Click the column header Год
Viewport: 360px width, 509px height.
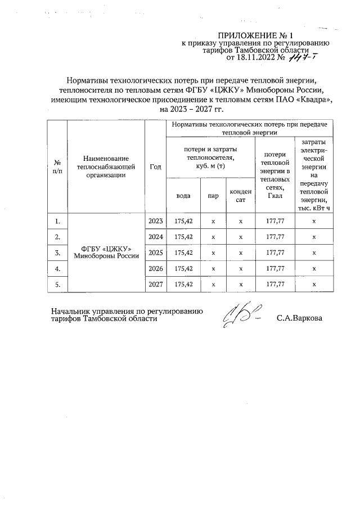tap(155, 166)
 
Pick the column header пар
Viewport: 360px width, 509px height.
tap(213, 196)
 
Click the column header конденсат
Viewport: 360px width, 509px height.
tap(241, 196)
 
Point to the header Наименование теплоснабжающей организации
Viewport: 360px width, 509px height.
tap(106, 166)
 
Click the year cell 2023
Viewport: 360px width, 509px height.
tap(155, 221)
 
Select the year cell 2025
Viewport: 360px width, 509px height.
tap(155, 253)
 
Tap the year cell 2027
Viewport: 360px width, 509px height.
tap(155, 285)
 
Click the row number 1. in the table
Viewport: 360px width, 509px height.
tap(57, 221)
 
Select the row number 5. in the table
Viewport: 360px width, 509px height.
tap(57, 285)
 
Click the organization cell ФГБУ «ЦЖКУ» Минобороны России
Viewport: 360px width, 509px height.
tap(106, 253)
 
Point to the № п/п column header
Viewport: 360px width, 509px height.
tap(57, 166)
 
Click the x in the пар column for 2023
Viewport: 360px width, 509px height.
tap(213, 221)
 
